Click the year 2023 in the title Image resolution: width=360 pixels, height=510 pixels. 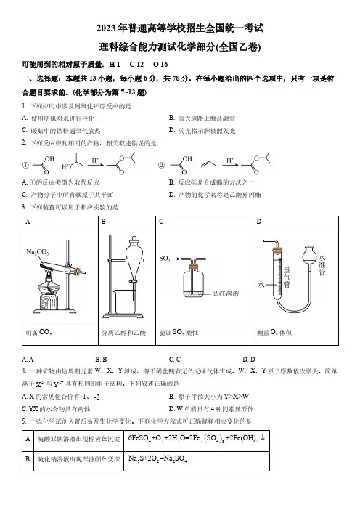tap(106, 28)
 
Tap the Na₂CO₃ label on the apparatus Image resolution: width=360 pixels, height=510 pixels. tap(37, 252)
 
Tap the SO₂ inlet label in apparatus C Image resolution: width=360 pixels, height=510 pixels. tap(165, 259)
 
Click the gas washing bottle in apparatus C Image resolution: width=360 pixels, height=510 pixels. tap(193, 279)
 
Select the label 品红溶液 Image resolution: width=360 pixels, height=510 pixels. tap(226, 294)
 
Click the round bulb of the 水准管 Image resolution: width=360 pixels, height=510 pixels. tap(310, 255)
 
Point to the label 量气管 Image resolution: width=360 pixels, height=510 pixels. tap(287, 277)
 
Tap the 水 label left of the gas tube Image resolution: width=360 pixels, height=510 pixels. tap(261, 285)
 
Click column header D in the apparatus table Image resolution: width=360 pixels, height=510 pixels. tap(259, 222)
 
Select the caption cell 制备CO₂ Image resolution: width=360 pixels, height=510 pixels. tap(39, 333)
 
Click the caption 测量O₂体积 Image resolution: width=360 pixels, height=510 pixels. tap(274, 333)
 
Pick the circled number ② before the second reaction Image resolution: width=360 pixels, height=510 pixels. tap(161, 166)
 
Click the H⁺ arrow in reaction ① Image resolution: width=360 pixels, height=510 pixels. tap(96, 165)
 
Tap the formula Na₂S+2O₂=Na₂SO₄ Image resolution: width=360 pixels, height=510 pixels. tap(157, 459)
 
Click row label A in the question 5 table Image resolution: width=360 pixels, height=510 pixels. tap(28, 439)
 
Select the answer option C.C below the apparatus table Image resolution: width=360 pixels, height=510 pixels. tap(174, 360)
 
